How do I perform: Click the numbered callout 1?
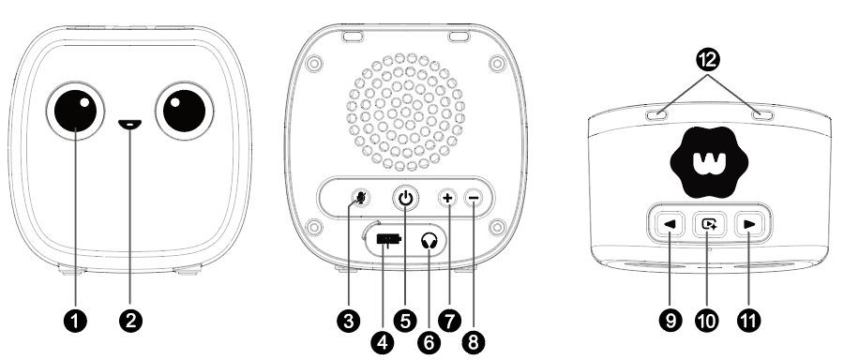(x=75, y=322)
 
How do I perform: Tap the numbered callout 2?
(x=130, y=322)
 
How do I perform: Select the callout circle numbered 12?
(x=708, y=59)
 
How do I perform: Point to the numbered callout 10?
(x=707, y=322)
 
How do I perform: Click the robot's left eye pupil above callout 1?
(x=75, y=111)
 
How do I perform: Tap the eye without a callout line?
(x=185, y=111)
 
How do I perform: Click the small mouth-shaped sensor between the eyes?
(x=130, y=125)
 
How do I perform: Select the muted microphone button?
(x=361, y=198)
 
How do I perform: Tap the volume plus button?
(x=447, y=198)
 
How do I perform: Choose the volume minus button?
(x=474, y=198)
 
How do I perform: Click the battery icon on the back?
(x=388, y=239)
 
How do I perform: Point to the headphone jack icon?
(x=429, y=241)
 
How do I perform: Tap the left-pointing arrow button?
(x=670, y=224)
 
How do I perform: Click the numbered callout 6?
(x=429, y=341)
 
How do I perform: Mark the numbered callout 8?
(x=474, y=341)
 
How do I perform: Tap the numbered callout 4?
(x=383, y=341)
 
